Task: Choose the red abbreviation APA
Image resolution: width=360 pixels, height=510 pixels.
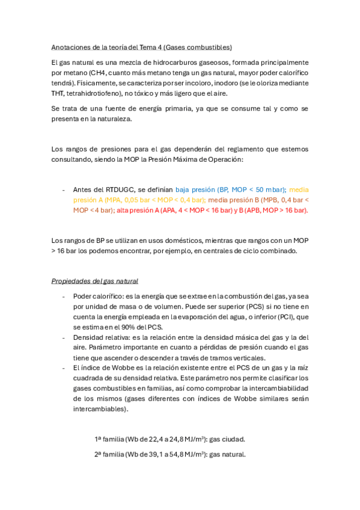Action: pos(154,210)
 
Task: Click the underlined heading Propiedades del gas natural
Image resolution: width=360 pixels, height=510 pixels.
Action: pos(95,281)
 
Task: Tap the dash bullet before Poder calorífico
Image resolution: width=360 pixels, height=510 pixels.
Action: pos(64,296)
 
